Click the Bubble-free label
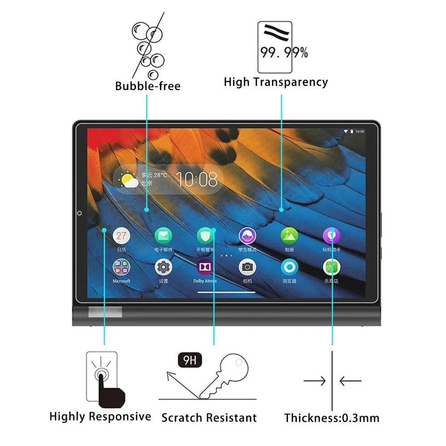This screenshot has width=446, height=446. coord(148,85)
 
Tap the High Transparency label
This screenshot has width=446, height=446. coord(276,82)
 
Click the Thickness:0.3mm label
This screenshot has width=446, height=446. coord(332,418)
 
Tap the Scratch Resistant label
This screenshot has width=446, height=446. coord(209,418)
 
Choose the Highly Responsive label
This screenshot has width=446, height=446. coord(100,417)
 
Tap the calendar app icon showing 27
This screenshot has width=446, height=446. coord(121,235)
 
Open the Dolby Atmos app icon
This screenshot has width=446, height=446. coord(205,267)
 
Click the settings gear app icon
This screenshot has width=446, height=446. coord(163,267)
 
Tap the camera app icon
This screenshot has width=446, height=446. coord(248,267)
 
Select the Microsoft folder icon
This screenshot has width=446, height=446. coord(121,267)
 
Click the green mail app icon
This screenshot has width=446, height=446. coord(163,235)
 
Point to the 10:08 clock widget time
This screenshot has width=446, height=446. coord(197,179)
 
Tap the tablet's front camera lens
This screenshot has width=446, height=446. coord(79,213)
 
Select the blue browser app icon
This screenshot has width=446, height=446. coord(289,267)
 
